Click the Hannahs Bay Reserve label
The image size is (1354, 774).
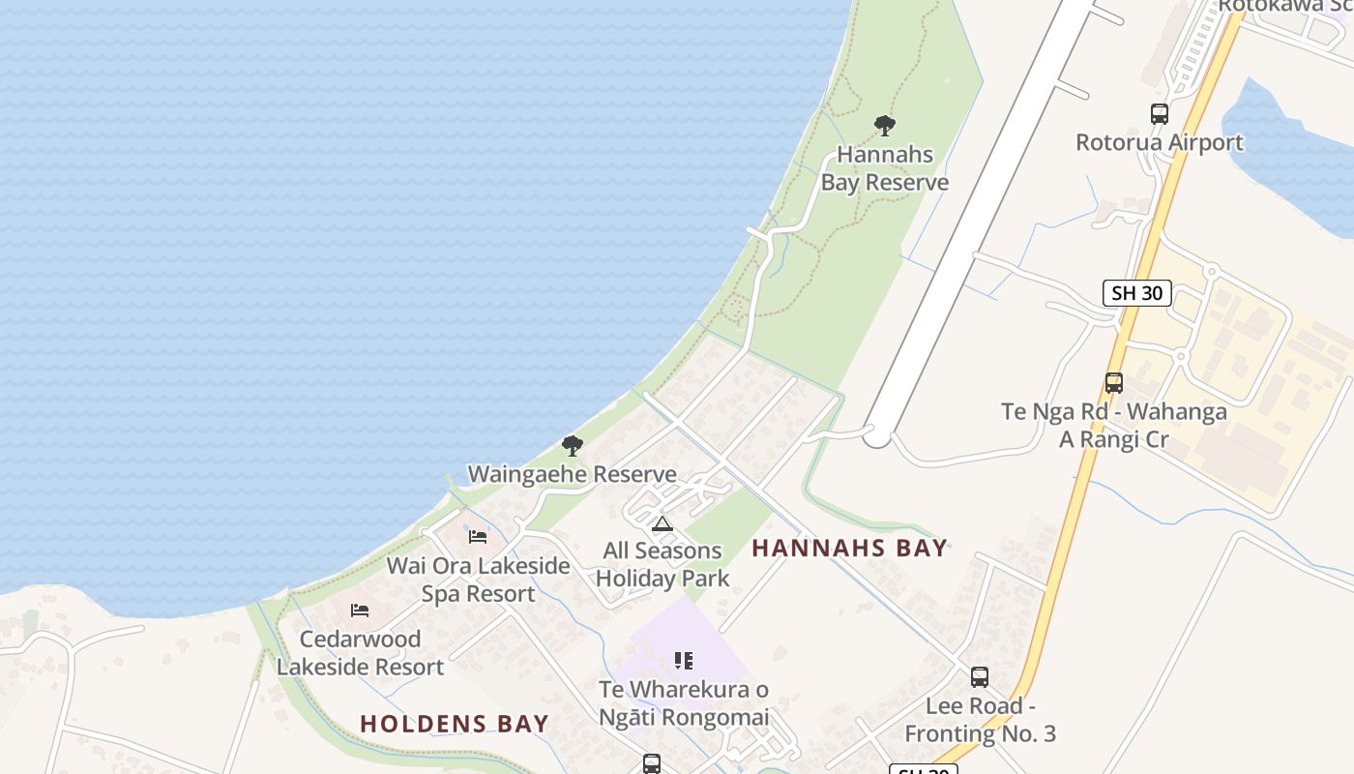884,168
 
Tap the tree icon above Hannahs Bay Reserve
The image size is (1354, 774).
884,125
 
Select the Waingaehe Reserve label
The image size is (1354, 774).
573,474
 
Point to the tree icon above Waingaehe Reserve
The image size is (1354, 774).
573,446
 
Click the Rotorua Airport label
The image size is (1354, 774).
1160,142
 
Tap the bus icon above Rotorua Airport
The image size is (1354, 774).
1160,113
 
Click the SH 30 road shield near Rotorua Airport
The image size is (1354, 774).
1137,293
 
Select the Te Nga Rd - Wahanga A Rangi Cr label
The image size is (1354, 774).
1114,426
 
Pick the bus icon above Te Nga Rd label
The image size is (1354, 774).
1114,383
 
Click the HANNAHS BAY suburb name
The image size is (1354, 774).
849,548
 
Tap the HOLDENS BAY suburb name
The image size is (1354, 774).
455,724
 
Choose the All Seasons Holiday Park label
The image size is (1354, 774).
662,565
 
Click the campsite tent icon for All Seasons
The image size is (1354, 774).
662,524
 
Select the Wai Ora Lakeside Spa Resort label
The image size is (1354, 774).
478,580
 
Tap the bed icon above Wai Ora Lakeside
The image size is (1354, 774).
478,537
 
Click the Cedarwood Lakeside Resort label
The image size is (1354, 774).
360,653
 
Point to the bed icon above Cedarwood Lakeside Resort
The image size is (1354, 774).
360,610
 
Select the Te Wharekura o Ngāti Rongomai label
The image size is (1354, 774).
684,703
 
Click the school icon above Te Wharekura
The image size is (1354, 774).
684,661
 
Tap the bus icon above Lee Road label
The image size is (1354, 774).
980,677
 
